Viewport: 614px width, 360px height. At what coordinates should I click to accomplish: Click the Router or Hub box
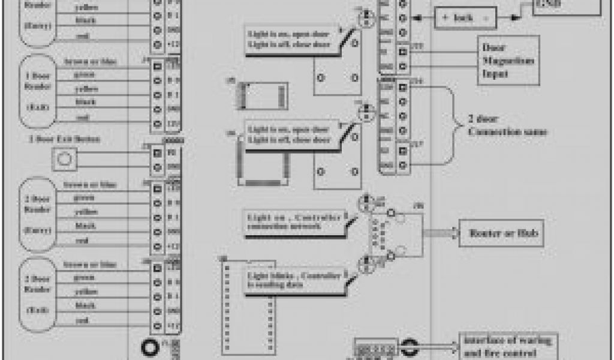coord(501,233)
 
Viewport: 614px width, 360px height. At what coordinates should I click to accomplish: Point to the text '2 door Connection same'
coord(507,125)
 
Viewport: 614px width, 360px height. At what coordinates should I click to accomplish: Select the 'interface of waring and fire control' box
coord(508,346)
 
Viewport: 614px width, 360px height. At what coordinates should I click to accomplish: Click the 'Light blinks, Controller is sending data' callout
coord(294,280)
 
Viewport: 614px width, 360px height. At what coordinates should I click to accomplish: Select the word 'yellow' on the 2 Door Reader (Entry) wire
coord(85,212)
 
